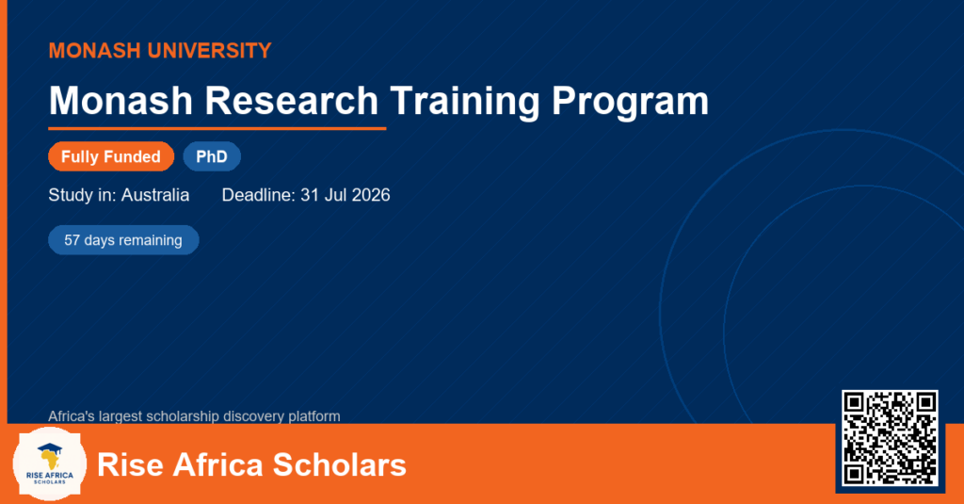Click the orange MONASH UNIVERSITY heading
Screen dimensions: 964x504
click(160, 51)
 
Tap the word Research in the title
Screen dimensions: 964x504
click(292, 100)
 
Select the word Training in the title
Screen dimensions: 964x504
click(465, 102)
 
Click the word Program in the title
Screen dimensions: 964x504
click(630, 102)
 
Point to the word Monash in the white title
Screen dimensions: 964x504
click(120, 100)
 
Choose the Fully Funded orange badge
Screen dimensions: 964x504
click(111, 156)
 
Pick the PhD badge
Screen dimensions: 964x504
click(212, 156)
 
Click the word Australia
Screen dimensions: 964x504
click(155, 195)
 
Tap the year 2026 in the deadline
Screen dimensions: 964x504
click(371, 195)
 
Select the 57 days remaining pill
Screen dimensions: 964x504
click(123, 240)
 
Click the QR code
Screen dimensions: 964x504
click(890, 438)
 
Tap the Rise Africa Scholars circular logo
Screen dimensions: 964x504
click(50, 463)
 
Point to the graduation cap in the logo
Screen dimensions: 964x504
click(50, 448)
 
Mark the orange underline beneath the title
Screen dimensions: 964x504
click(217, 129)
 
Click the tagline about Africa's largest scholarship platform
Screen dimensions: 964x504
click(194, 416)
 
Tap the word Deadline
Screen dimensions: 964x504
click(259, 195)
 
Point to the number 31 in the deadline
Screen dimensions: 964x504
click(309, 195)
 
